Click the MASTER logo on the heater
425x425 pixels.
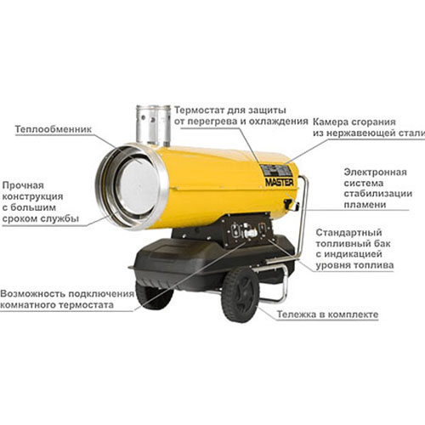pos(280,182)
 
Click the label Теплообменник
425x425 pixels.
pos(54,129)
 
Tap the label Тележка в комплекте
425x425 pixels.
pos(327,314)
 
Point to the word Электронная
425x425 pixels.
pos(376,172)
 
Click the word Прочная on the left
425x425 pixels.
pos(23,185)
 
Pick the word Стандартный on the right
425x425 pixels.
pos(348,232)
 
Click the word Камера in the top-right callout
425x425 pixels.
pos(331,122)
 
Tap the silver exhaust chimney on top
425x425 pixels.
pos(153,125)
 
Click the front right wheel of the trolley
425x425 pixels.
pos(241,295)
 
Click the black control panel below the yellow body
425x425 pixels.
pos(247,230)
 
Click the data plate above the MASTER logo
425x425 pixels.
pos(276,171)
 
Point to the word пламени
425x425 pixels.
pos(365,205)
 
